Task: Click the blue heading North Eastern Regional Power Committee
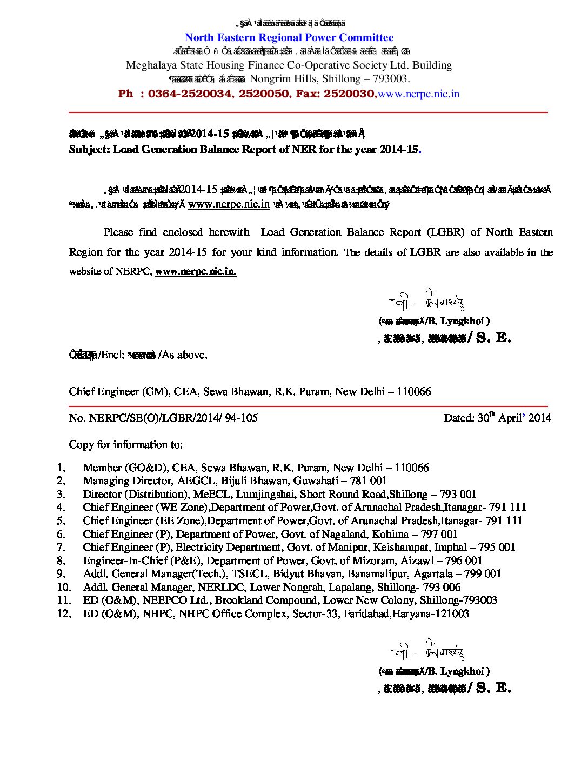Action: click(x=289, y=38)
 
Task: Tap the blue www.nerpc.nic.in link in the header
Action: click(x=419, y=94)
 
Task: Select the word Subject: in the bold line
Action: click(x=89, y=150)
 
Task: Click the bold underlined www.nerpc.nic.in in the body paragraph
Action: click(x=196, y=271)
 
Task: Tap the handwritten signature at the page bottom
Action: click(x=427, y=651)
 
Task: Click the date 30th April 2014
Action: click(x=497, y=418)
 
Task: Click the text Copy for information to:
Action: click(x=126, y=445)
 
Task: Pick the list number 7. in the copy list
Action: click(x=61, y=547)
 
